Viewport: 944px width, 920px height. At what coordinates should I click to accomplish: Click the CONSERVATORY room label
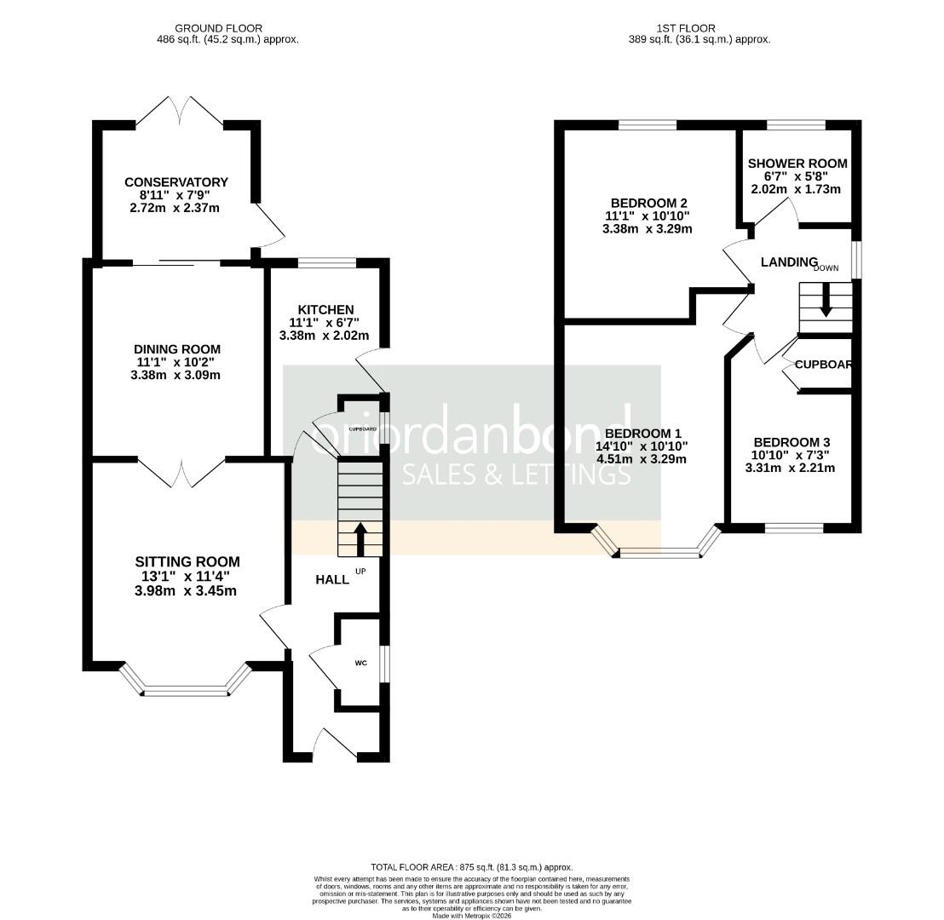click(176, 182)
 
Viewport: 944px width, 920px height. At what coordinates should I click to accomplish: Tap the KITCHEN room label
click(325, 309)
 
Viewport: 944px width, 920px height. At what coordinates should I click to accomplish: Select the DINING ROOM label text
click(177, 349)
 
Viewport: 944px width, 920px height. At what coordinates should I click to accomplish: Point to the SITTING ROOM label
click(187, 561)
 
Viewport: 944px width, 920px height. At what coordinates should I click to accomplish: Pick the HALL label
click(332, 579)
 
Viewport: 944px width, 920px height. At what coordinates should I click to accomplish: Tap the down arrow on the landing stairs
click(826, 302)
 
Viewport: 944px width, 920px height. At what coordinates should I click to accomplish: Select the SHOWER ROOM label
click(797, 164)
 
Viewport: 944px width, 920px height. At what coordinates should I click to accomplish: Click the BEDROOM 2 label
click(648, 203)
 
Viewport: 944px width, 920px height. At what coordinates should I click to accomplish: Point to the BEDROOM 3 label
click(791, 442)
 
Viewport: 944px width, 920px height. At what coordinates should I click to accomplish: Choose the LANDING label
click(789, 262)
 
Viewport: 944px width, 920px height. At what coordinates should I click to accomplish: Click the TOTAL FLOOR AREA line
click(471, 866)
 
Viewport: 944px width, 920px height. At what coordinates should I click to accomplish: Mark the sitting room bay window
click(187, 691)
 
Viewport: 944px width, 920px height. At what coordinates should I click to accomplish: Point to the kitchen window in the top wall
click(326, 262)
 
